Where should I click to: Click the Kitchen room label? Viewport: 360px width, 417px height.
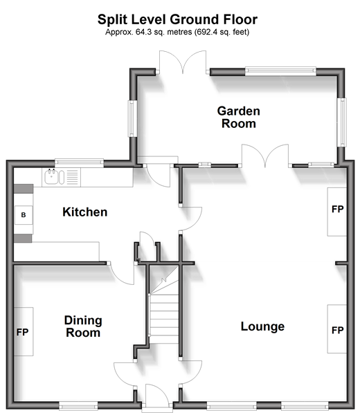click(x=85, y=212)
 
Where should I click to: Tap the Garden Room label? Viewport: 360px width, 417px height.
click(x=239, y=118)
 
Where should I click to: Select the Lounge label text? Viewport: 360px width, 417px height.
click(x=262, y=326)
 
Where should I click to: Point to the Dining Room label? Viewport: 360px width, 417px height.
click(x=83, y=326)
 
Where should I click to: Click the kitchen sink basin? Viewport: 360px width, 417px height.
click(x=51, y=177)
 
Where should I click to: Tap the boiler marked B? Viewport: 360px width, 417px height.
click(x=24, y=215)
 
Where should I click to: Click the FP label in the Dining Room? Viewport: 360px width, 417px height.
click(x=22, y=332)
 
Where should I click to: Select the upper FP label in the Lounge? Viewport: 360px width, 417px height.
click(x=337, y=210)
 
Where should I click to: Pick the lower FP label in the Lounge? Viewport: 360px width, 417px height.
click(x=337, y=331)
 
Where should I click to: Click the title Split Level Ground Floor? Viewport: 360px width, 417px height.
click(x=177, y=19)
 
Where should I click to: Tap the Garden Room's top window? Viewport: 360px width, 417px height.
click(x=280, y=70)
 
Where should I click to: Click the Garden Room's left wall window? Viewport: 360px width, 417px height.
click(x=132, y=119)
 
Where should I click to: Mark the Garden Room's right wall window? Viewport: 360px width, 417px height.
click(x=343, y=122)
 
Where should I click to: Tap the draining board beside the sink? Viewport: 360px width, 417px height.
click(x=72, y=177)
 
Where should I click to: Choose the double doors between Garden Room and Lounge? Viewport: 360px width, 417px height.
click(x=265, y=156)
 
